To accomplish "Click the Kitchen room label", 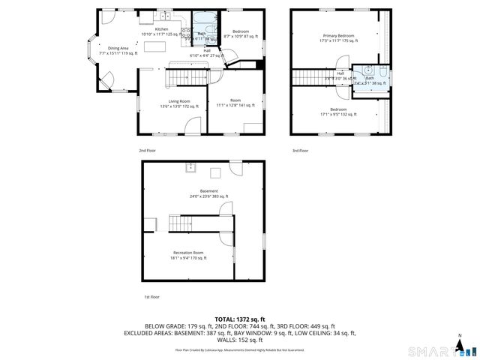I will tap(161, 29).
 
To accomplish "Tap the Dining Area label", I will tap(115, 49).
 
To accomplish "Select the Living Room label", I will tap(178, 101).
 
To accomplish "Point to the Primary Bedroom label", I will tap(338, 36).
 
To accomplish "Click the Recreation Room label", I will tap(188, 253).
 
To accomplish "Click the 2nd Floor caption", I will tap(147, 151).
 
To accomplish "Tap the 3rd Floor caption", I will tap(300, 151).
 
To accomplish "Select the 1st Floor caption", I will tap(151, 297).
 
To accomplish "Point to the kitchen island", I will tap(157, 48).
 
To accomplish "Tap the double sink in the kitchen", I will tap(163, 16).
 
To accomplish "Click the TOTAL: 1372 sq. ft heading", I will tap(240, 318).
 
